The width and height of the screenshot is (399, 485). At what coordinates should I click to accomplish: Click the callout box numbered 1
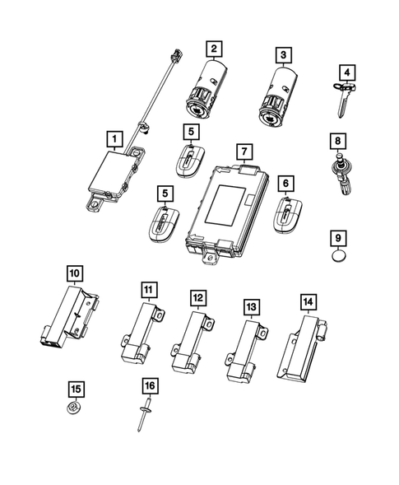click(114, 139)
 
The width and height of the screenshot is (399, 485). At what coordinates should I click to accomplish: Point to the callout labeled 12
click(197, 297)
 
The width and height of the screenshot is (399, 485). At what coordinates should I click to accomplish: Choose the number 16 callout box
click(150, 385)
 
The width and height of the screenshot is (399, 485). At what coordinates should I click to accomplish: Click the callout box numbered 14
click(308, 302)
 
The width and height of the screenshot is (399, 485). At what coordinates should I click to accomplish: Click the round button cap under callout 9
click(341, 259)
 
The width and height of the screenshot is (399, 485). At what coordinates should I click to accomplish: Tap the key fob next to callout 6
click(288, 218)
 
